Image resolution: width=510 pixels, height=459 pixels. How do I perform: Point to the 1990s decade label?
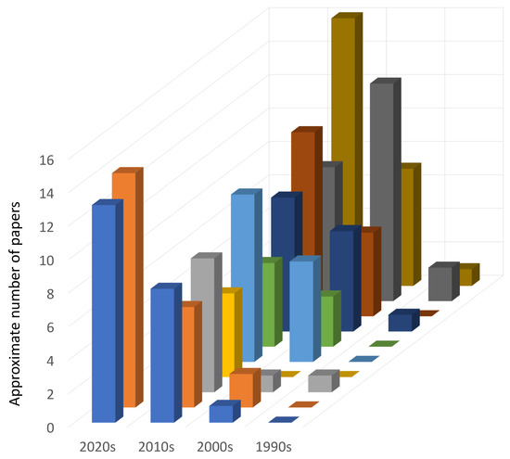(272, 447)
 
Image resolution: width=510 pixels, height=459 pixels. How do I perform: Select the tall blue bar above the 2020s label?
(104, 311)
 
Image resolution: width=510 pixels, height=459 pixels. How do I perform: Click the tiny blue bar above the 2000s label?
(220, 414)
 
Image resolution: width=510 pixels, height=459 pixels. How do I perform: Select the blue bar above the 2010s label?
(162, 352)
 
